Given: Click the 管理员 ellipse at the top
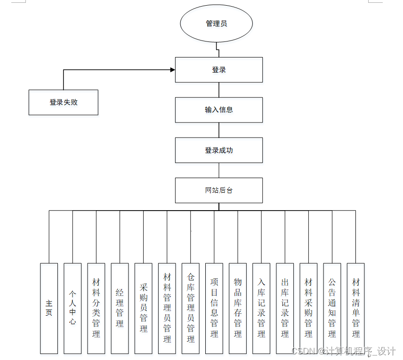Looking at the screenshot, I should pos(216,24).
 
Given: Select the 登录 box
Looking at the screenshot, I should pos(218,70).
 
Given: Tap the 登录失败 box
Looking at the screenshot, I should pos(64,102).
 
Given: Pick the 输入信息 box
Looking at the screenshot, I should pos(218,110).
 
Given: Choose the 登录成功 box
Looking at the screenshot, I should pos(218,150).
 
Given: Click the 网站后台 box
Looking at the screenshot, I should pos(218,190).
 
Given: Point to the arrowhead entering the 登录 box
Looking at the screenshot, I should pos(172,70).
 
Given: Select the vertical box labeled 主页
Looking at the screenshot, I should pos(49,308).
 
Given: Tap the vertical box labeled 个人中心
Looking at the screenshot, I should pos(73,308).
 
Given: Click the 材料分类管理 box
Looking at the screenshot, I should pos(96,308).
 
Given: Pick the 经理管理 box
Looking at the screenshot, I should pos(120,308).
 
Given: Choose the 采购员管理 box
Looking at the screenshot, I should pos(143,308).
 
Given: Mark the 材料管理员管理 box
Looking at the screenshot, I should pos(167,308).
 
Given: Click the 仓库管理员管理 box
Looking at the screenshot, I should pos(191,308).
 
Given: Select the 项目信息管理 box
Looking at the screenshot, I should pos(214,308).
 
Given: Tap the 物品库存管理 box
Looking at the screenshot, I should pos(238,308).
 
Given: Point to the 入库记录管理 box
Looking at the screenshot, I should pos(261,308).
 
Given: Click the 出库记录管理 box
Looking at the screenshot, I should pos(285,308).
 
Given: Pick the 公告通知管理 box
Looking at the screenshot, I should pos(332,308).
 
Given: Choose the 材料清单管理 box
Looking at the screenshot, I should pos(355,308).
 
